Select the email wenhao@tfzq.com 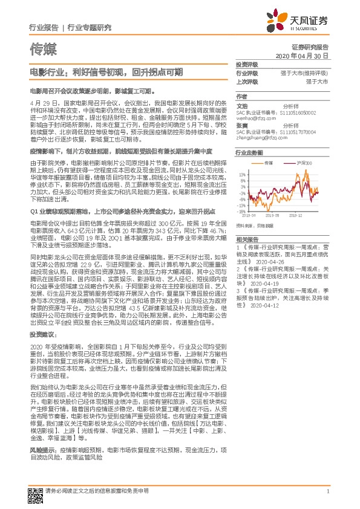(x=250, y=118)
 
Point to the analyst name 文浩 (x=241, y=105)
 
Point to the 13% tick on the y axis (x=241, y=174)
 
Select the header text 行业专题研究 (x=90, y=28)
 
